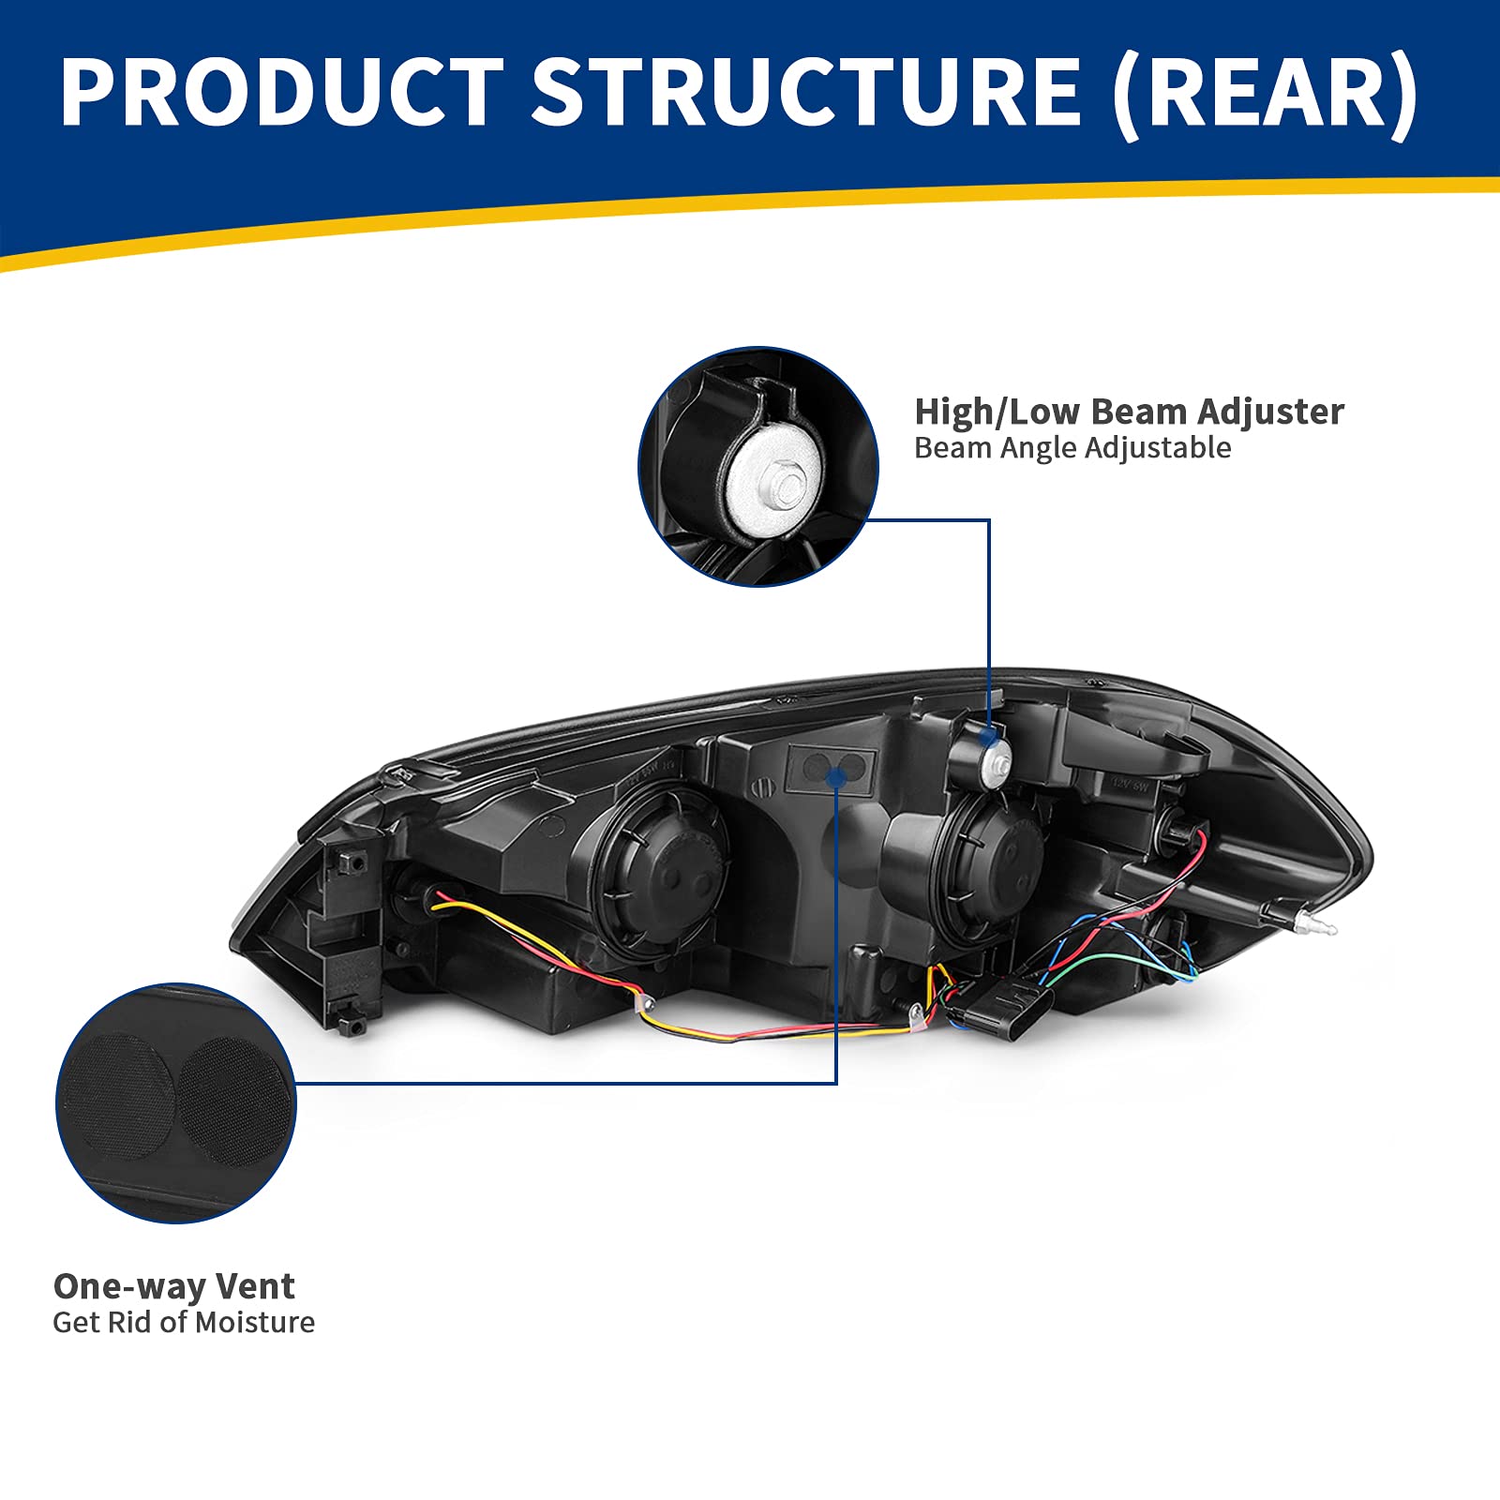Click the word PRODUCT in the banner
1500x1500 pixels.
point(281,91)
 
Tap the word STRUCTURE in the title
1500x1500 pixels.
point(806,91)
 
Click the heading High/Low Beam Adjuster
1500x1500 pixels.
point(1129,412)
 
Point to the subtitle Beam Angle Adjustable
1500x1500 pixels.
point(1072,448)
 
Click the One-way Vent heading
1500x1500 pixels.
point(173,1286)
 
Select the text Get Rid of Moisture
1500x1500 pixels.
point(184,1323)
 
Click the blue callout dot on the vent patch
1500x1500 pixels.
point(836,774)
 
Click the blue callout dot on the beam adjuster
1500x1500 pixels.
point(988,737)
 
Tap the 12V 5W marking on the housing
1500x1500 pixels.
point(1130,784)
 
